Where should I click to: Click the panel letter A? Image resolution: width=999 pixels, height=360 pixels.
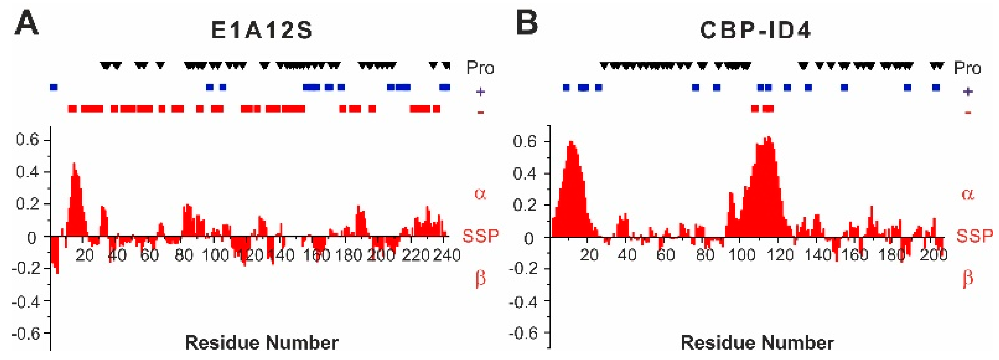(27, 22)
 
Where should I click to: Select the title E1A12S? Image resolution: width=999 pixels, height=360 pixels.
(262, 30)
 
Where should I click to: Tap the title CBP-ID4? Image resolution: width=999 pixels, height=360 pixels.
(755, 30)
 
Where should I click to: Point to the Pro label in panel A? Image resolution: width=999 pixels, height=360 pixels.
(480, 68)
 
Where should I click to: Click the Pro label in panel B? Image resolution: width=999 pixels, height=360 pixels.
(967, 68)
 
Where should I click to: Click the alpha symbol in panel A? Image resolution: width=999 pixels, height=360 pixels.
(480, 193)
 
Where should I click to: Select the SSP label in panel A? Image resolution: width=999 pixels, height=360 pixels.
(480, 236)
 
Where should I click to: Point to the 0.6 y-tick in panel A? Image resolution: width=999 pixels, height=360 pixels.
(27, 140)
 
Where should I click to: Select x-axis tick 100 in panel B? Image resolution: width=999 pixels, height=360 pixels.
(741, 255)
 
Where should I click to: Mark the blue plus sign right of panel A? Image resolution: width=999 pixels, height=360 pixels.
(480, 92)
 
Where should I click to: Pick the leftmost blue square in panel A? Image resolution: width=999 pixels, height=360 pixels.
(54, 87)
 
